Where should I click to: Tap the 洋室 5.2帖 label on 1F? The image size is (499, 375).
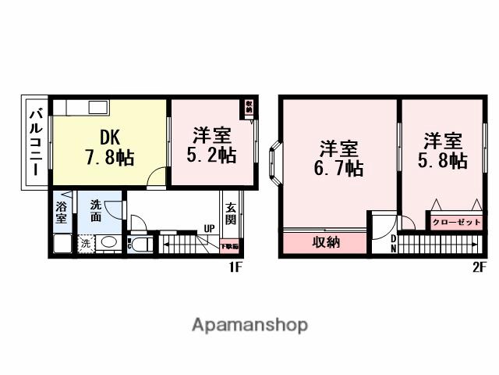click(211, 145)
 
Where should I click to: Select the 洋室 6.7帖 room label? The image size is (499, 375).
click(339, 156)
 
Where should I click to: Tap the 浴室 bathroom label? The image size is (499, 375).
click(62, 213)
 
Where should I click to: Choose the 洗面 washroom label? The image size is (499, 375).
click(95, 211)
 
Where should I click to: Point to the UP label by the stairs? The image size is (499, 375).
click(209, 229)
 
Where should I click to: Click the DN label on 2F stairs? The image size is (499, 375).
click(393, 243)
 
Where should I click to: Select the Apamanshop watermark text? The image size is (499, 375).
click(249, 324)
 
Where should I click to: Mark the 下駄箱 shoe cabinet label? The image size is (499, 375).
click(230, 247)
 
